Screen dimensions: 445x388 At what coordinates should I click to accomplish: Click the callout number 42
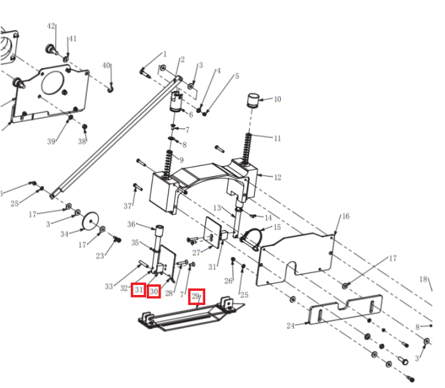[x=50, y=26]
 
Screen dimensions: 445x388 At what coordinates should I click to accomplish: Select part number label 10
[x=277, y=99]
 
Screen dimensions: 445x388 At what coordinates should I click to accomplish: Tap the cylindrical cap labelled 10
[x=252, y=100]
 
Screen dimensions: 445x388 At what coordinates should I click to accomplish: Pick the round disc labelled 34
[x=90, y=220]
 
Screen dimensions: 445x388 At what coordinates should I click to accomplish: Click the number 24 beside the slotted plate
[x=290, y=326]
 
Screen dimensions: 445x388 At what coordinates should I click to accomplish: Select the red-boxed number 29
[x=195, y=296]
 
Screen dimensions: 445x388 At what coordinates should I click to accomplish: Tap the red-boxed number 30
[x=153, y=292]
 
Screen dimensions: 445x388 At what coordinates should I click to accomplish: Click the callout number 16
[x=345, y=217]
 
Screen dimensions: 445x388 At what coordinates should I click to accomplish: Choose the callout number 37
[x=128, y=206]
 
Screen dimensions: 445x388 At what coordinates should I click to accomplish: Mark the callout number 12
[x=277, y=177]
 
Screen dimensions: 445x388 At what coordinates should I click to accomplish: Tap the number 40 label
[x=106, y=65]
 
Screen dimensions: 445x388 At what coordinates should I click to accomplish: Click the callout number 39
[x=51, y=142]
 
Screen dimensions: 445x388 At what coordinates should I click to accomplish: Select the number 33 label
[x=109, y=286]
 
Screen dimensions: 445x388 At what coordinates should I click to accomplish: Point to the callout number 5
[x=236, y=76]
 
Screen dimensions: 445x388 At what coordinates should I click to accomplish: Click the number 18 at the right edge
[x=423, y=279]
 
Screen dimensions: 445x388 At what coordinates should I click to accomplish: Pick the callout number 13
[x=217, y=208]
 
